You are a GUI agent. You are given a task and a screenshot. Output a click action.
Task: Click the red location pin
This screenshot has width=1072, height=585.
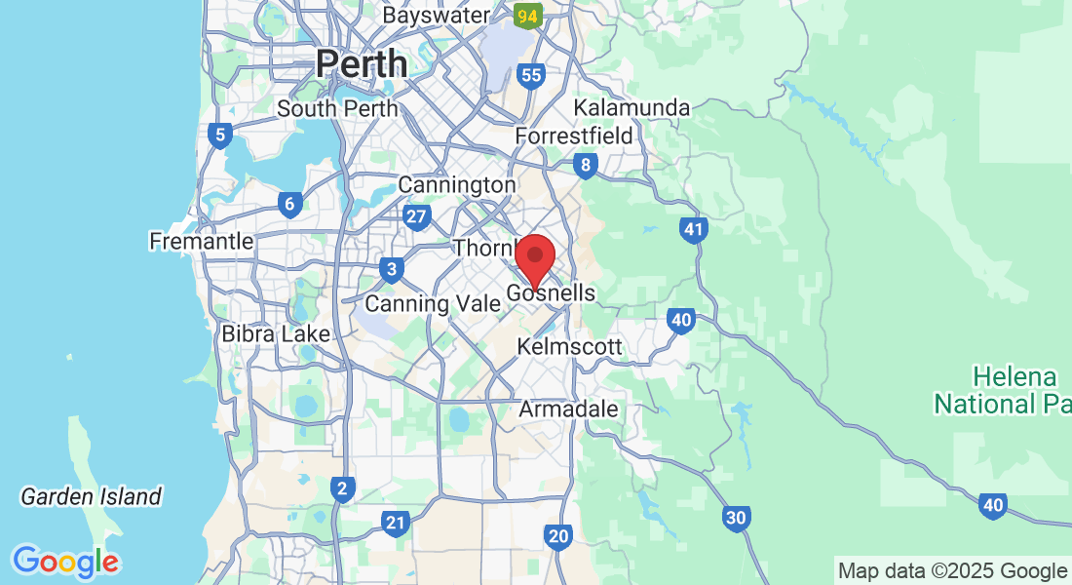[534, 257]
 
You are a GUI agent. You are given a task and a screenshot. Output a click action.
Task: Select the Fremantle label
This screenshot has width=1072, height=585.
[201, 241]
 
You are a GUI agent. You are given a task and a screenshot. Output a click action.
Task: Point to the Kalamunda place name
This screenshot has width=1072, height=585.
[632, 107]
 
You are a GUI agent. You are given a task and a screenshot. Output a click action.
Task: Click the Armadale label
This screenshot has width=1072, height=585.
[568, 409]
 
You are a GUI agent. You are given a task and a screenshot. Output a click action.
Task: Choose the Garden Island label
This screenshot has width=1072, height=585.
[91, 496]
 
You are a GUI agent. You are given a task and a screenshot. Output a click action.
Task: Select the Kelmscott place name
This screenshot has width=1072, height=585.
[569, 346]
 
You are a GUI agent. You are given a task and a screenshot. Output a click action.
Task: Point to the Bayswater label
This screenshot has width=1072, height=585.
[436, 16]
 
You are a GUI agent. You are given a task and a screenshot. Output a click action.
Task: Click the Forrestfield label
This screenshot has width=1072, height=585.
[574, 136]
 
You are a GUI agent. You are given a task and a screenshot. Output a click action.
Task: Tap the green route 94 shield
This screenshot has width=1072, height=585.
[527, 15]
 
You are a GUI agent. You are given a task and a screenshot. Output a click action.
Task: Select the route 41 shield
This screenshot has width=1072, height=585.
[693, 231]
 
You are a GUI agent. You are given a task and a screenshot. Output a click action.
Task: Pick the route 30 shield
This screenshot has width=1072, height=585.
[738, 518]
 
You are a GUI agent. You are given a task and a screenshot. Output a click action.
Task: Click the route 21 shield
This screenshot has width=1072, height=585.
[395, 524]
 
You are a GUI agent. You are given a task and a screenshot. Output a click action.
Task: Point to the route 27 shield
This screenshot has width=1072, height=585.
[417, 217]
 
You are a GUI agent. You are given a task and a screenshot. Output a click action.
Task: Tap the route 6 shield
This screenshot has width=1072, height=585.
[287, 205]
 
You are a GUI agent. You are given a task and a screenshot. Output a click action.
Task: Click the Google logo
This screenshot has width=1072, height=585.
[65, 562]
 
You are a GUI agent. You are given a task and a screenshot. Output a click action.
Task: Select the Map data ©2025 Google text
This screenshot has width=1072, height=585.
[953, 571]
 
